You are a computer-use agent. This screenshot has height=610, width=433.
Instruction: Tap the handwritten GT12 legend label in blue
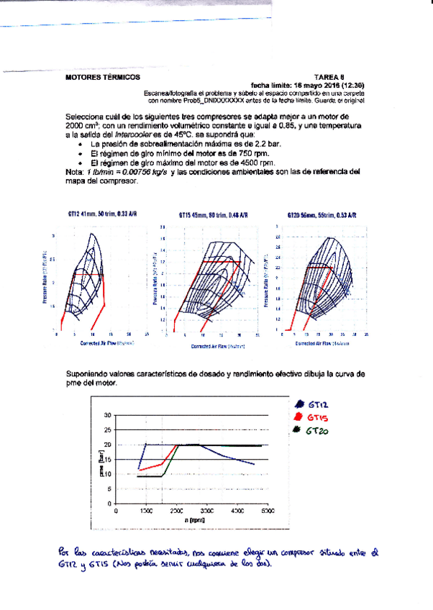click(x=317, y=404)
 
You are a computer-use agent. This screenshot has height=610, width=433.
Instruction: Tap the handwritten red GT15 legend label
click(x=317, y=416)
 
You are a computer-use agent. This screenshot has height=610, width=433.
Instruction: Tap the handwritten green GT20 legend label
click(x=317, y=431)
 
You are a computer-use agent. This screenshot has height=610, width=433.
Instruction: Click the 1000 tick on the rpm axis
click(x=146, y=511)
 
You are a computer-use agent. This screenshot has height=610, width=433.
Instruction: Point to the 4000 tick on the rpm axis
click(x=237, y=511)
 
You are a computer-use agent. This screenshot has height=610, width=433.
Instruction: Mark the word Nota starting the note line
click(x=74, y=172)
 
